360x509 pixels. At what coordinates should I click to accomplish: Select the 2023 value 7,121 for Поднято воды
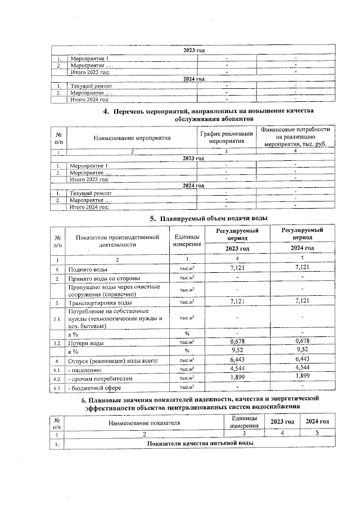240,268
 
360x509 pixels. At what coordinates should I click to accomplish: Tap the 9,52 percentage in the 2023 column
240,350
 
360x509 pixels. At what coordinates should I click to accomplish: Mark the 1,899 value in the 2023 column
240,377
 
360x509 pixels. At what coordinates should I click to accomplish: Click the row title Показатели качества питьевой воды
200,443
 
